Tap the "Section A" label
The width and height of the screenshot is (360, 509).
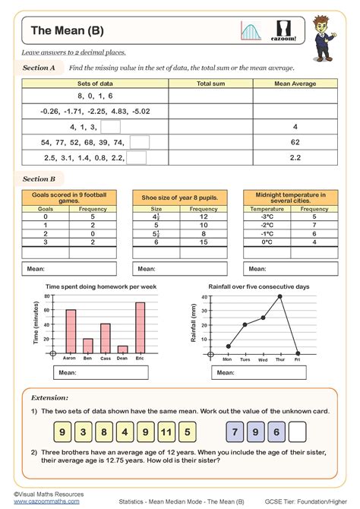[x=39, y=68]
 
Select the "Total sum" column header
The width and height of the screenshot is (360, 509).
[x=210, y=84]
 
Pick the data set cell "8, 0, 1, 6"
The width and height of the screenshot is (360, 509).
[x=95, y=96]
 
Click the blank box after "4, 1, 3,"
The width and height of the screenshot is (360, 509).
[x=111, y=127]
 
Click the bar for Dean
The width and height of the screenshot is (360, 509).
[x=123, y=349]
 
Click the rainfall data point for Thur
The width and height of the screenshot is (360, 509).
[x=280, y=296]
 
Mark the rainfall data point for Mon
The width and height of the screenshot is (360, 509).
[x=229, y=346]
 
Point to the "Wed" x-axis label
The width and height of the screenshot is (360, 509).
[x=263, y=359]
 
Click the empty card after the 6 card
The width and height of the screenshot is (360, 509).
[x=298, y=432]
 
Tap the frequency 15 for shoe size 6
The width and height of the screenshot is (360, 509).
[x=204, y=242]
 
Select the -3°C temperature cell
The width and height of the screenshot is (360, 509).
[x=267, y=216]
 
